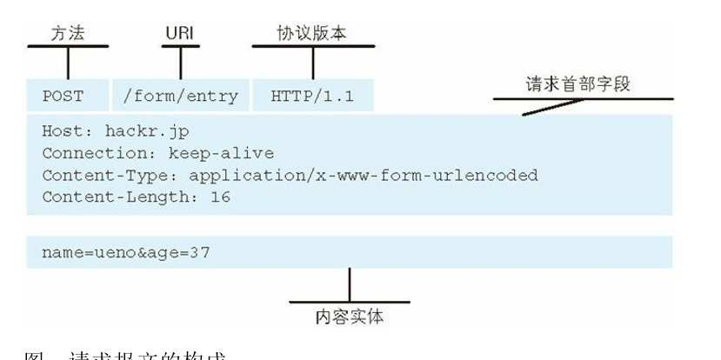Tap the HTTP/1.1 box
click(313, 96)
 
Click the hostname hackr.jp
click(146, 132)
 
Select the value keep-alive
click(224, 154)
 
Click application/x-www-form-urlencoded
click(364, 176)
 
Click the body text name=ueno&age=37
click(126, 252)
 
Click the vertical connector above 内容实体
click(349, 283)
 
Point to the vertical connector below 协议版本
click(313, 63)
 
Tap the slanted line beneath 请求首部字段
click(554, 106)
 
